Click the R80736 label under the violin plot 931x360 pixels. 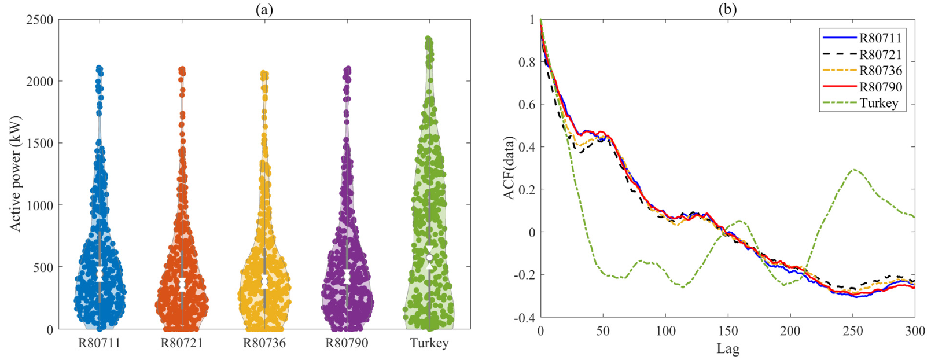tap(264, 343)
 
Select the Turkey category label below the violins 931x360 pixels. tap(429, 343)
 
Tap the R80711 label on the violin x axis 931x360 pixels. tap(100, 343)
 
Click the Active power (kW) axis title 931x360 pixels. tap(15, 174)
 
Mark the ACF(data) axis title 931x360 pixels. tap(509, 168)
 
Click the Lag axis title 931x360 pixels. tap(728, 349)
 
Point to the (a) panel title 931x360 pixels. tap(264, 9)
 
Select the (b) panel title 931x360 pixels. tap(727, 9)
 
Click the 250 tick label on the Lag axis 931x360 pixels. tap(852, 332)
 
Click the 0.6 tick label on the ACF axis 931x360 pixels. tap(526, 105)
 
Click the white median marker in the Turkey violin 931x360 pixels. tap(429, 258)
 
